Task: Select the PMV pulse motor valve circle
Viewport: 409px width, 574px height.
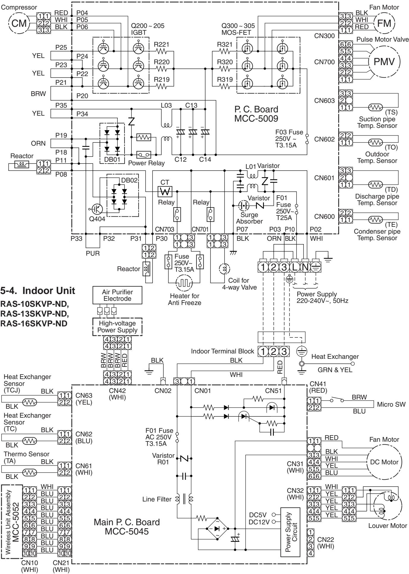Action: click(x=385, y=62)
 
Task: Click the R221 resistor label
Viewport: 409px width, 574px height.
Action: click(x=161, y=45)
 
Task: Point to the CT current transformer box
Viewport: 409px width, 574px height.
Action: click(x=166, y=192)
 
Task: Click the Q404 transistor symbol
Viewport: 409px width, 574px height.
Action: click(x=97, y=209)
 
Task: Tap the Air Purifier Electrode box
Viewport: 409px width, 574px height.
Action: click(x=117, y=295)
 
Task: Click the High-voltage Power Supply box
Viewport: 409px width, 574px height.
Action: click(x=117, y=326)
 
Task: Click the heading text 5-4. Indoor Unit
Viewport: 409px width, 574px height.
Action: click(x=38, y=291)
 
